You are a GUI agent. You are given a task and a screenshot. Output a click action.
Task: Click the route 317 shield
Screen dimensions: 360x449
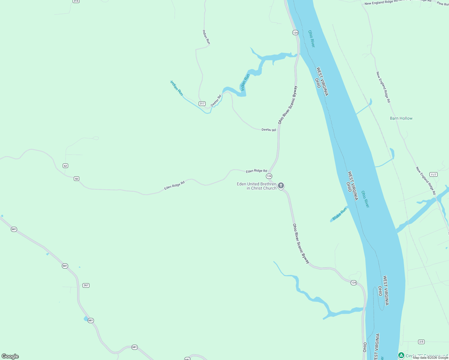point(202,103)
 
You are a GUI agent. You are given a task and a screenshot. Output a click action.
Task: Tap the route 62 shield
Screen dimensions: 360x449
point(65,166)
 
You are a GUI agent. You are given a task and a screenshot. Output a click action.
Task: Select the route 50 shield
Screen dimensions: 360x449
point(77,179)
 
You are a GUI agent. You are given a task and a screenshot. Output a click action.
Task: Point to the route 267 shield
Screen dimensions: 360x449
point(86,285)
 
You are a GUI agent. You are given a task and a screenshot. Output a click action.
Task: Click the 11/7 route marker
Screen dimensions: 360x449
point(433,175)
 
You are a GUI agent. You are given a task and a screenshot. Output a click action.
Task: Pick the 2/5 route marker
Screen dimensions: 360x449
point(421,342)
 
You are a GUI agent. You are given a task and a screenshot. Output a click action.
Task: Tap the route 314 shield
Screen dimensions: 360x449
point(76,1)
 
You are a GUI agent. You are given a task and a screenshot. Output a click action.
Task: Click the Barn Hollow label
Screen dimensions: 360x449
point(401,118)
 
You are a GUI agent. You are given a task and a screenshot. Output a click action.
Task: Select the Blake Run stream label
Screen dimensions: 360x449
point(339,214)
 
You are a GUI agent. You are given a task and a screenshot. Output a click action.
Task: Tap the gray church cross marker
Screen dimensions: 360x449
point(281,186)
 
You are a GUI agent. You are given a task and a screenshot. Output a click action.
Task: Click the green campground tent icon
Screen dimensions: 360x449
point(401,355)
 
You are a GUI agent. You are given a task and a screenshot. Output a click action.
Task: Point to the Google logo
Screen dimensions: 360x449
point(10,356)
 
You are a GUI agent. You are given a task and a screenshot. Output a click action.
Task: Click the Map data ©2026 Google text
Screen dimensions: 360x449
point(430,358)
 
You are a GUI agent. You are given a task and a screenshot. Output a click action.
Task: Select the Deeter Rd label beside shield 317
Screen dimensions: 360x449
point(216,101)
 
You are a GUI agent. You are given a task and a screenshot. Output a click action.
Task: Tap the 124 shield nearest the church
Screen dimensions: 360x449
point(269,176)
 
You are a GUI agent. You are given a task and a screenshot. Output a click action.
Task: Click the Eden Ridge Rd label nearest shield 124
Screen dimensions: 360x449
point(256,171)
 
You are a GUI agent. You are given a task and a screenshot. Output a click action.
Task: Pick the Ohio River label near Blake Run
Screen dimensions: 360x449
point(365,199)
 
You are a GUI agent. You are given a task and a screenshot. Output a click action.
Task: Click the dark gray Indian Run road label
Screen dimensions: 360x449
point(206,37)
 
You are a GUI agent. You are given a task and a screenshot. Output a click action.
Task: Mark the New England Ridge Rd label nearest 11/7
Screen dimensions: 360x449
point(426,181)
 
